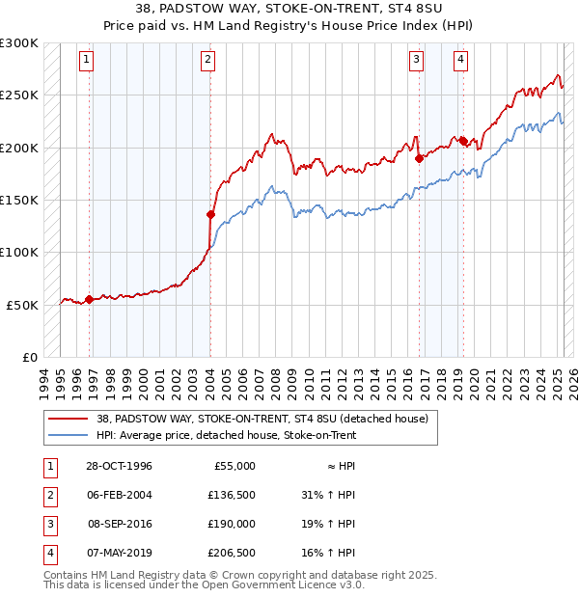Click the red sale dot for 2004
point(210,214)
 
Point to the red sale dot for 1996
point(90,299)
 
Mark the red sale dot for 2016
point(420,158)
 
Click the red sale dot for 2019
point(464,141)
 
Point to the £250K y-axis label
point(20,95)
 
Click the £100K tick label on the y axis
point(20,252)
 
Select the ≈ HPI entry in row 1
point(340,466)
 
